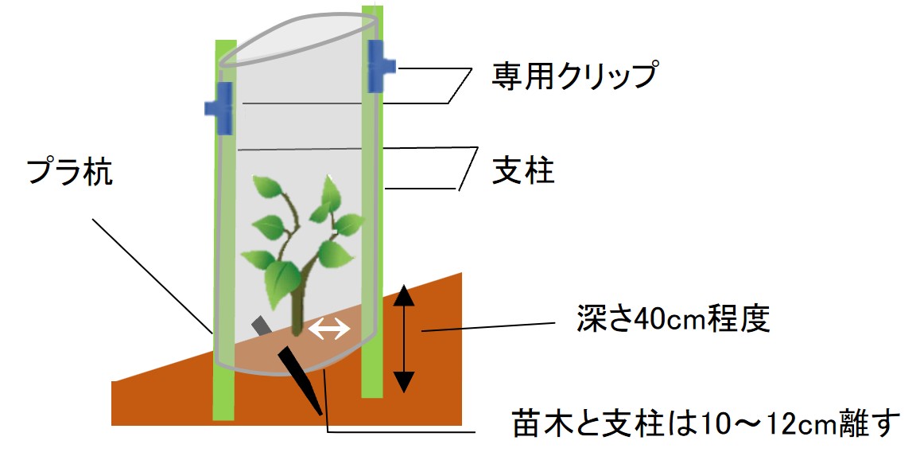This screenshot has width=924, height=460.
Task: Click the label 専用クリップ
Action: click(575, 76)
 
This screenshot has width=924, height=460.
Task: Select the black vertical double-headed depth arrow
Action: click(405, 338)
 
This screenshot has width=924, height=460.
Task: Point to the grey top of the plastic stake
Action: click(261, 326)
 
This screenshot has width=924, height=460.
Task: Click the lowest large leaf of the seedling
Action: click(281, 279)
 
